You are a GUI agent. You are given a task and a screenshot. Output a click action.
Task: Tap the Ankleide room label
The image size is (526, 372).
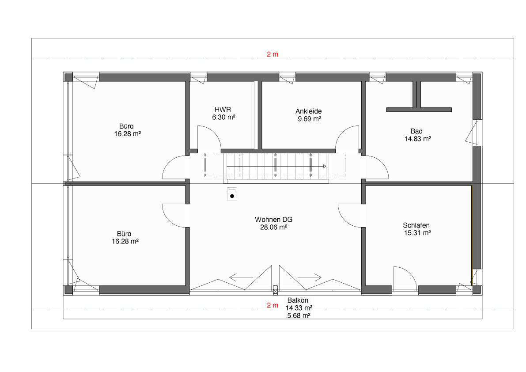tap(308, 111)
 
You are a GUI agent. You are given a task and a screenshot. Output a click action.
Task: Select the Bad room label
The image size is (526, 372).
tap(416, 131)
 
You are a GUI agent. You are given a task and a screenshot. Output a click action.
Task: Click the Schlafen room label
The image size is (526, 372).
tap(416, 225)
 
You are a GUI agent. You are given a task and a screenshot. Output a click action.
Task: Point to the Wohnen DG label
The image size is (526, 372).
tap(274, 220)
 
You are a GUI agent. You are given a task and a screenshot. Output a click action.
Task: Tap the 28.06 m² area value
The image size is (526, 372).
tap(274, 227)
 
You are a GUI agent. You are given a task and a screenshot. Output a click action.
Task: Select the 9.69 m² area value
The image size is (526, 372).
tap(309, 118)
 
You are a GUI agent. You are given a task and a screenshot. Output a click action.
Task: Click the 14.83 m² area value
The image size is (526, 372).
tap(416, 139)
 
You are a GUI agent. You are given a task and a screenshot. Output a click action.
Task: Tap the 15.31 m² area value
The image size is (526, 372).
tap(416, 232)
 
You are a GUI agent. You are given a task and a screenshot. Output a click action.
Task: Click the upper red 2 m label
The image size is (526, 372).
tap(272, 54)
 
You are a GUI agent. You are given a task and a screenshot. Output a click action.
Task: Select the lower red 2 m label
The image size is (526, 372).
tap(272, 305)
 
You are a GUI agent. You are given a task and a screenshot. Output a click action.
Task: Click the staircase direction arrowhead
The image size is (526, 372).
tap(325, 166)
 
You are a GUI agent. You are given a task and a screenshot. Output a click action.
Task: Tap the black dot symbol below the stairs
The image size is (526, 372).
tap(232, 196)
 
